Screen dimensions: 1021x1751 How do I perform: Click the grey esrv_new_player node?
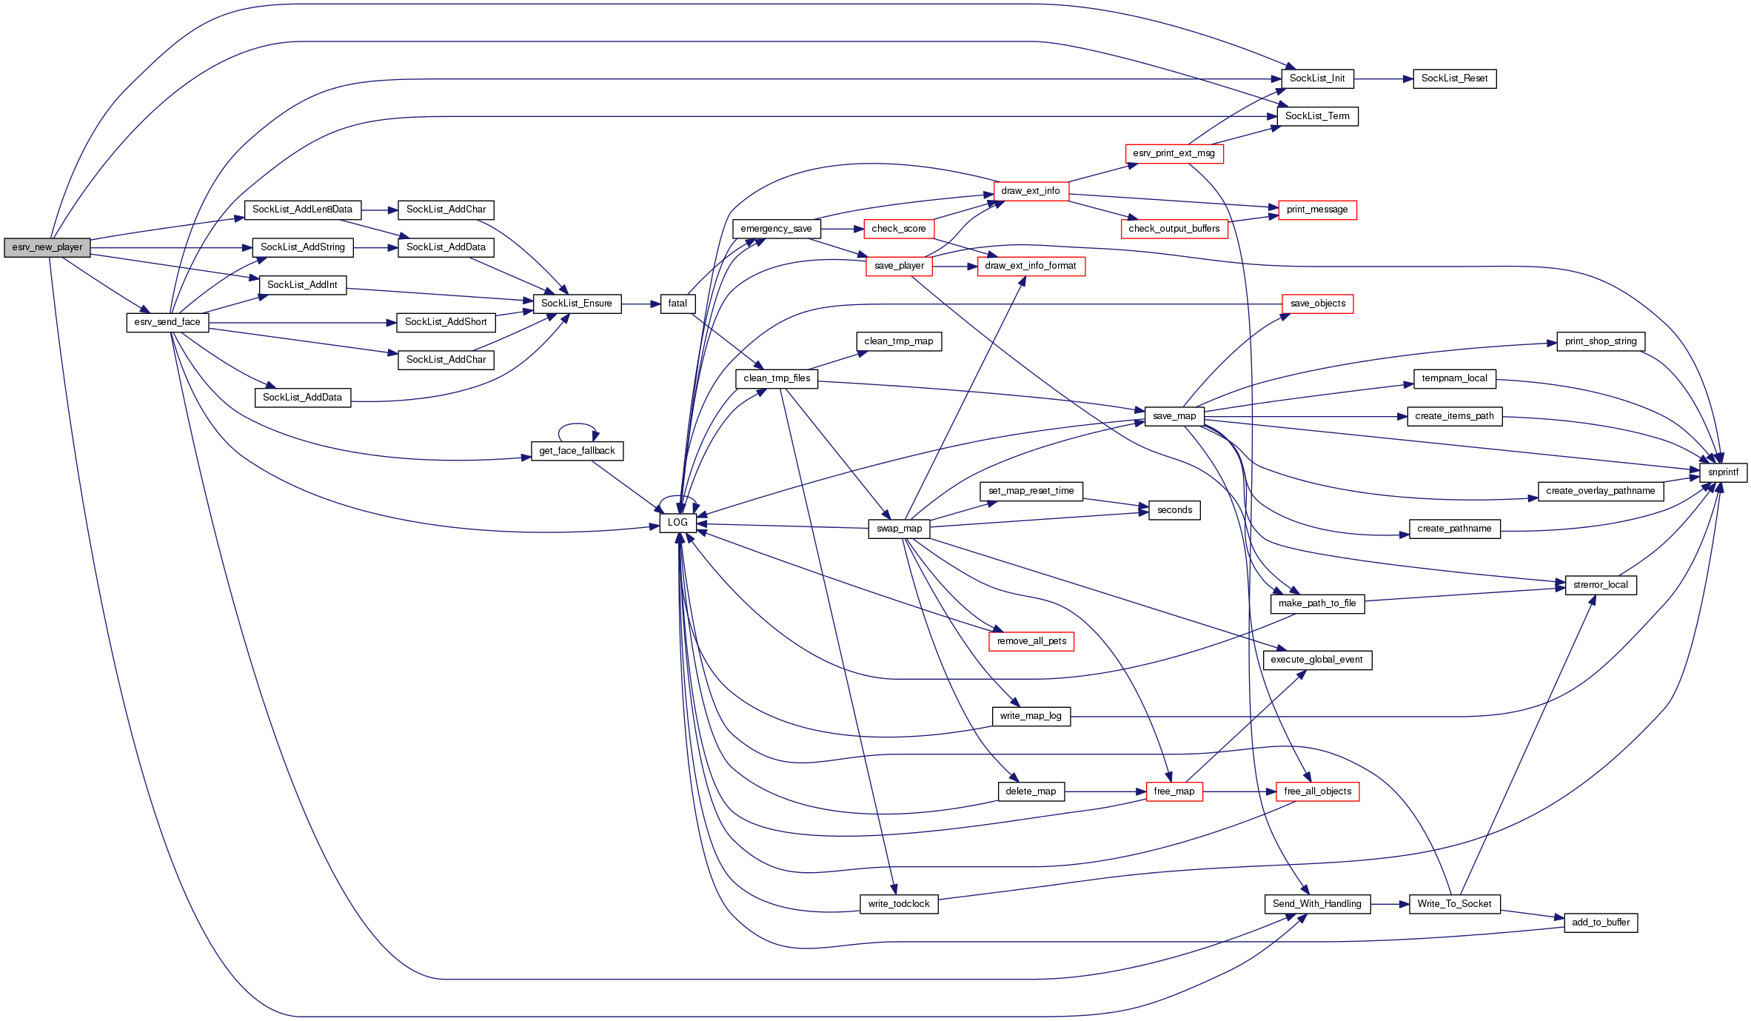click(x=47, y=247)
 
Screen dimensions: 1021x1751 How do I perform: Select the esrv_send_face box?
click(x=167, y=322)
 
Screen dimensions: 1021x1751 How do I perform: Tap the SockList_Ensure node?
click(x=577, y=304)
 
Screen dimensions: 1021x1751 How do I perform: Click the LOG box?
click(x=677, y=523)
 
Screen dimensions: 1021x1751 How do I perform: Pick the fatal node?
click(x=677, y=304)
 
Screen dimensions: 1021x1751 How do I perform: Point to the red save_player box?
click(x=899, y=266)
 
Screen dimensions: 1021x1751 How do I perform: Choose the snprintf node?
click(x=1723, y=472)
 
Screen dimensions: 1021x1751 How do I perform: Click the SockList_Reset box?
click(x=1454, y=78)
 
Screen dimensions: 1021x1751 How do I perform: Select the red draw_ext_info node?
click(x=1031, y=191)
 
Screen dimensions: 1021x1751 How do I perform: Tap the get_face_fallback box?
click(x=577, y=451)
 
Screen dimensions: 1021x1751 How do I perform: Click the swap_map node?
click(x=899, y=529)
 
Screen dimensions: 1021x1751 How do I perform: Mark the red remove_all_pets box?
click(x=1031, y=641)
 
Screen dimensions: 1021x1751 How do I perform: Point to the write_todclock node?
click(x=899, y=904)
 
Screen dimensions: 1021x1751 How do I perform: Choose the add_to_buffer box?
click(x=1601, y=923)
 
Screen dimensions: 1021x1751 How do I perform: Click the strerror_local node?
click(x=1601, y=585)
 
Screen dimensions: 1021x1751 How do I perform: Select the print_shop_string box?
click(x=1601, y=341)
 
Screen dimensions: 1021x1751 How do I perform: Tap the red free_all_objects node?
click(x=1317, y=791)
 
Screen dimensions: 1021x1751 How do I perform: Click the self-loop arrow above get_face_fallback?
click(x=577, y=425)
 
